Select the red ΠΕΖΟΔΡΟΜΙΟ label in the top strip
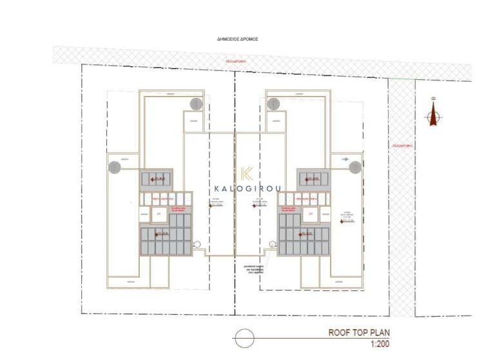[x=236, y=61]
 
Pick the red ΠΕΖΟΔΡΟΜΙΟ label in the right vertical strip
[x=401, y=146]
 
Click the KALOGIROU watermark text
[x=247, y=189]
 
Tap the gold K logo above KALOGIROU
[x=246, y=173]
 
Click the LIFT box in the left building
[x=159, y=214]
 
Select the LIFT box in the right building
[x=311, y=214]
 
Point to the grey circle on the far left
[x=114, y=167]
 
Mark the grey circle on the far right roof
[x=355, y=167]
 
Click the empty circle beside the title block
[x=242, y=337]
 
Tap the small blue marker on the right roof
[x=345, y=158]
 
